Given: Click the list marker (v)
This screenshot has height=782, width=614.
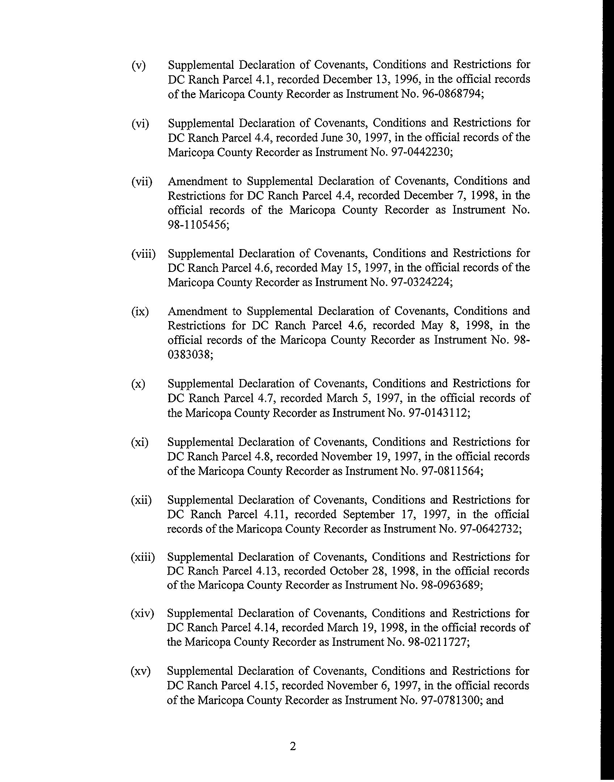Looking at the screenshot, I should tap(138, 66).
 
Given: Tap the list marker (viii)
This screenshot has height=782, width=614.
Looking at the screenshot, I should tap(143, 254).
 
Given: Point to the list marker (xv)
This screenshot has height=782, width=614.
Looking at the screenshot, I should tap(140, 672).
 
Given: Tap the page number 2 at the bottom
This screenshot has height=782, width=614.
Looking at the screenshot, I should tap(293, 747).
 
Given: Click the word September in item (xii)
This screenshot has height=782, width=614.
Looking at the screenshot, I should tap(369, 514).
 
